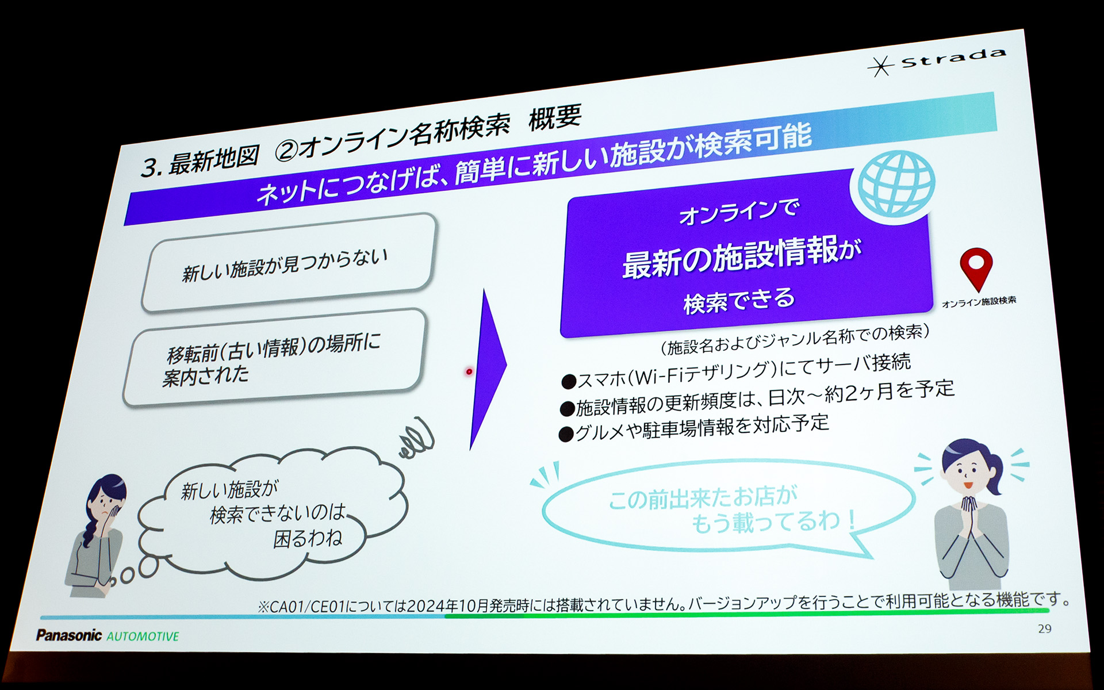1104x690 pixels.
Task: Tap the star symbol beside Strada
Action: point(880,66)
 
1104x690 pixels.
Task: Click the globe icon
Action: point(895,183)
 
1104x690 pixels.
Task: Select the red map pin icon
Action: point(976,268)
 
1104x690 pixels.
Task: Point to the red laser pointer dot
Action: point(469,372)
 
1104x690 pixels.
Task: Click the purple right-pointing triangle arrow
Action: point(486,368)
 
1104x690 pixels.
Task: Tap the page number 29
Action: point(1045,628)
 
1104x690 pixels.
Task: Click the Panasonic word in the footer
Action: point(69,635)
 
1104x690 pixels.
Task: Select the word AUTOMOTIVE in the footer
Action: point(143,637)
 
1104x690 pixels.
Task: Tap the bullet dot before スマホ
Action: point(569,382)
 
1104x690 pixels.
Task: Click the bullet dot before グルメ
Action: point(567,434)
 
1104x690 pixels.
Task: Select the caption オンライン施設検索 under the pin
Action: point(979,301)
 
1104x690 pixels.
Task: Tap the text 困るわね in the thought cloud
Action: point(308,539)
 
